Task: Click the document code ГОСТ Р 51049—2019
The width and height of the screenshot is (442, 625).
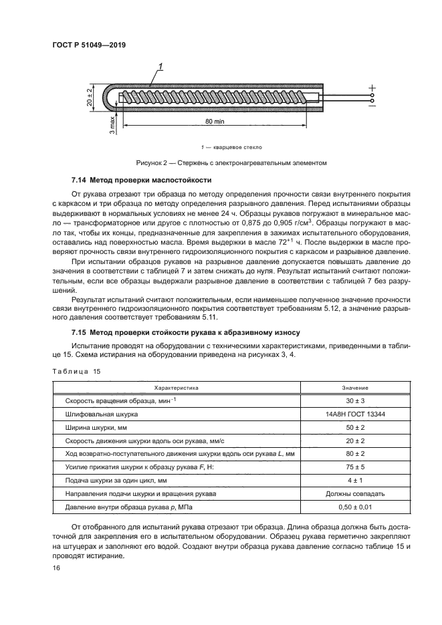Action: [x=88, y=45]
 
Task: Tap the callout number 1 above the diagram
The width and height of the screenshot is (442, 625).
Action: [x=161, y=66]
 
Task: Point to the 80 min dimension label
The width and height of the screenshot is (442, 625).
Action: [x=215, y=122]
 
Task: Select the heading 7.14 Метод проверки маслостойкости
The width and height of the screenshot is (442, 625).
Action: [x=141, y=180]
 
